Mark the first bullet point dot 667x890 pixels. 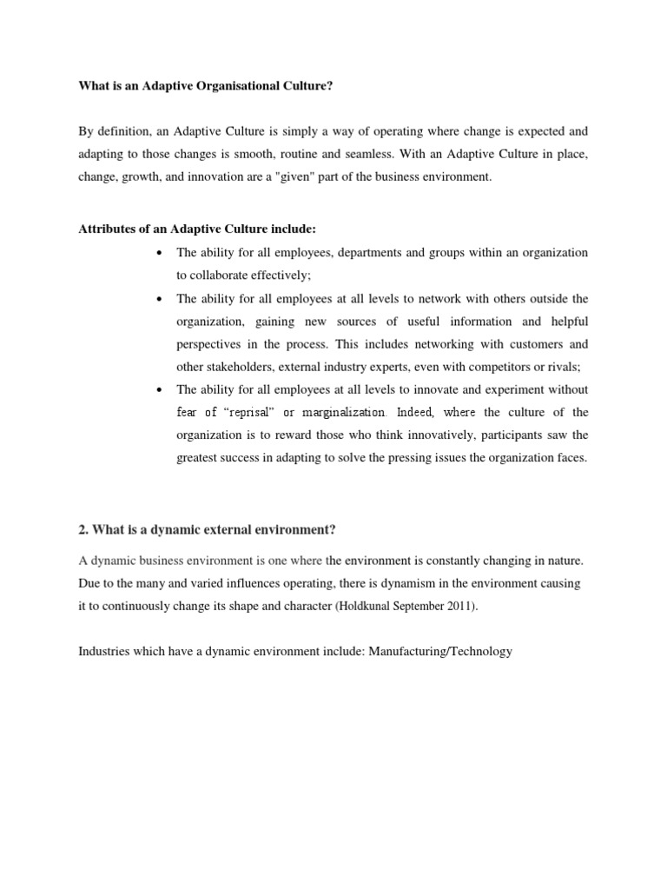point(159,253)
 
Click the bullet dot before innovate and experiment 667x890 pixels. point(159,389)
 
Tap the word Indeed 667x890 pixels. point(413,413)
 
